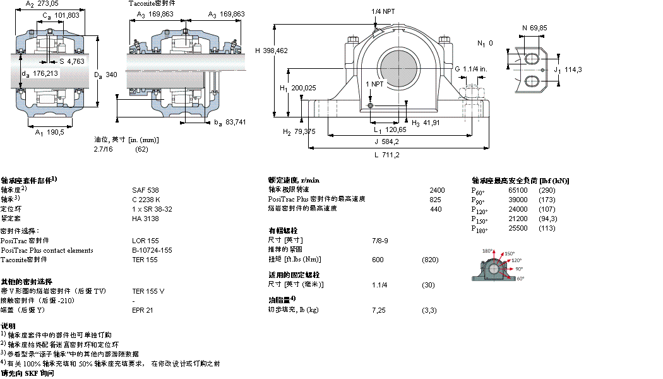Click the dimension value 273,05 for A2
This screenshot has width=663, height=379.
(51, 4)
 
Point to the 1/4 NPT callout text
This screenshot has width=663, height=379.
(385, 11)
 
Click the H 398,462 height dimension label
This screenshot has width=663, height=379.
(272, 51)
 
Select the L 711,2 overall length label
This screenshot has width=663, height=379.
(387, 155)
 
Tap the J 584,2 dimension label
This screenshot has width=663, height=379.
(388, 141)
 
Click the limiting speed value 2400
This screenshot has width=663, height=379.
(437, 190)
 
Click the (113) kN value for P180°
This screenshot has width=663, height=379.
(546, 228)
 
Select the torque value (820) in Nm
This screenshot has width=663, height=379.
(430, 260)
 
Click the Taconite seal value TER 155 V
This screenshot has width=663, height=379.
(148, 291)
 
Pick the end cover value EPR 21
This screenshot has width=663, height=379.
(142, 310)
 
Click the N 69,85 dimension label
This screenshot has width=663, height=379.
(534, 28)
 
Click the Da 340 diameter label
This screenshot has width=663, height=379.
(106, 75)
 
